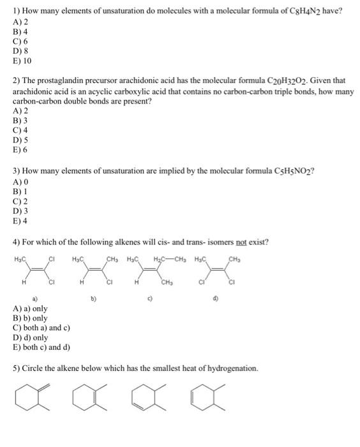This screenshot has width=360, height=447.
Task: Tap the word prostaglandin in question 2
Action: point(64,81)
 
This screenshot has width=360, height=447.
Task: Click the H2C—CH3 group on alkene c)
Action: point(168,259)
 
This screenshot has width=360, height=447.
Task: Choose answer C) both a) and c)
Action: point(41,328)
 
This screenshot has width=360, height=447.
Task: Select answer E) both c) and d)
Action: point(41,347)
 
